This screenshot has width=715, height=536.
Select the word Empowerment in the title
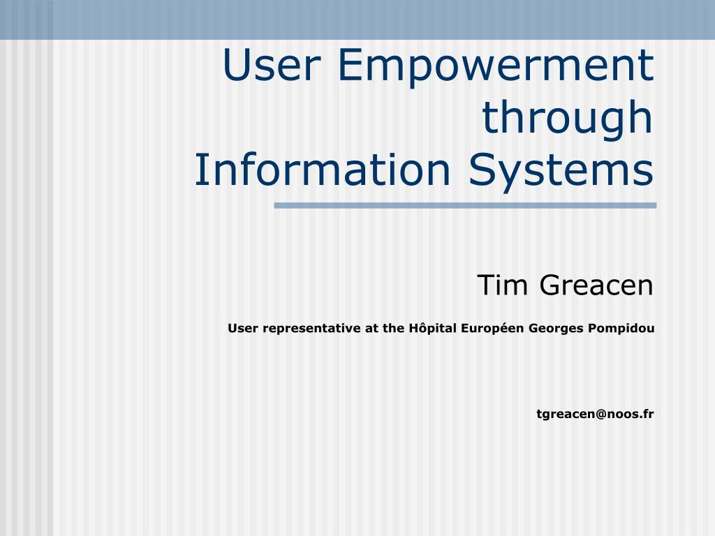point(496,68)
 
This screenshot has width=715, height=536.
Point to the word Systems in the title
point(561,172)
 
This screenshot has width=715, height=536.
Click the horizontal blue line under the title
point(465,206)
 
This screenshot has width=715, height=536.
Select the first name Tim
point(503,285)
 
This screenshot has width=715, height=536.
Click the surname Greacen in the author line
point(596,285)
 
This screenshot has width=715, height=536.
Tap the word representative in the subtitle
point(311,329)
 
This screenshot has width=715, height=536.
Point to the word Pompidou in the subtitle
point(621,329)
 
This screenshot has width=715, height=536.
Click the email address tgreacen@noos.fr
point(595,414)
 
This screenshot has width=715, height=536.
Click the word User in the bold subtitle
point(243,328)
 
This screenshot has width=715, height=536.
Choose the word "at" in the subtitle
point(371,329)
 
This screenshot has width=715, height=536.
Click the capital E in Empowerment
point(350,65)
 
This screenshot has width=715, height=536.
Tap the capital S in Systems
point(480,169)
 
